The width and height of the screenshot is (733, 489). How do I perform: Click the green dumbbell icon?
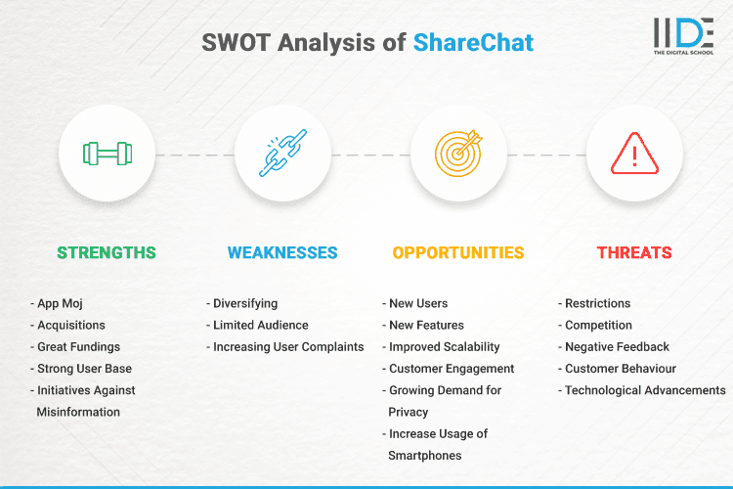click(x=107, y=154)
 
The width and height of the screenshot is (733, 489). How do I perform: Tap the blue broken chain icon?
click(x=282, y=154)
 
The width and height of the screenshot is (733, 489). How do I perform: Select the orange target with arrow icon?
click(x=458, y=154)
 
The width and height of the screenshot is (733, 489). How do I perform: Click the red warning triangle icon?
click(x=634, y=154)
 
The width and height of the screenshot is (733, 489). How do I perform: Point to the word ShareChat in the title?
click(x=473, y=44)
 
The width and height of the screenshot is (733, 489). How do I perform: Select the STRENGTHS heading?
click(x=107, y=252)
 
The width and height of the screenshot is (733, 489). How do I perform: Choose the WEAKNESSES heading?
click(x=282, y=252)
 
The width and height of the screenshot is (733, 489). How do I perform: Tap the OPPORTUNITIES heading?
click(x=458, y=252)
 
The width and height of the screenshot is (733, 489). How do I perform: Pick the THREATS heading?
click(x=634, y=252)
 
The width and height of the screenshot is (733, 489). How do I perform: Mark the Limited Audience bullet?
click(x=260, y=325)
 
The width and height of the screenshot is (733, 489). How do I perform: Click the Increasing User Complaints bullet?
click(x=287, y=346)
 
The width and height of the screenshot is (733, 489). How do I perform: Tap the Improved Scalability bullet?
click(x=444, y=346)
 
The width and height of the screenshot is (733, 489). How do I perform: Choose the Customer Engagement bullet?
click(x=451, y=369)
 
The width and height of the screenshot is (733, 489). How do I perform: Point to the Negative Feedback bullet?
click(x=617, y=346)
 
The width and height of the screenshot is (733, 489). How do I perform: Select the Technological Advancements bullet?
click(x=644, y=390)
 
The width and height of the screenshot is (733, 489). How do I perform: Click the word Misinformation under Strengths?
click(x=78, y=412)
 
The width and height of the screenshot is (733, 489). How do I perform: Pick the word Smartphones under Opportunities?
click(x=425, y=455)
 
